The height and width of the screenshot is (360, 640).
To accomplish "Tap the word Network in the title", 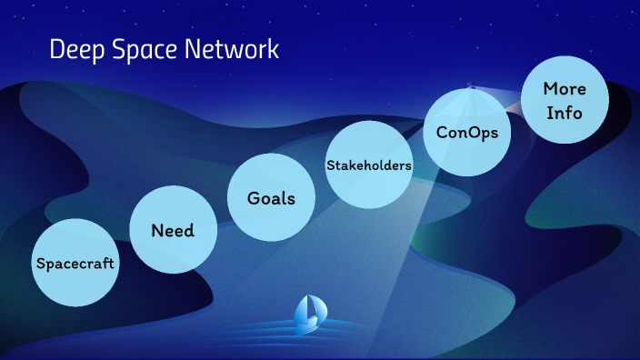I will pyautogui.click(x=234, y=49).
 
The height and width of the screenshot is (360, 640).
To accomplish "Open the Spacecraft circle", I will pyautogui.click(x=75, y=263).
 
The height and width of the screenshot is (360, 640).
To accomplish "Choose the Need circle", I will pyautogui.click(x=173, y=229).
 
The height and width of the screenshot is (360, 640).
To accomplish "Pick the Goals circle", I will pyautogui.click(x=271, y=197).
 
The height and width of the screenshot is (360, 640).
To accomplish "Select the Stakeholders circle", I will pyautogui.click(x=368, y=165).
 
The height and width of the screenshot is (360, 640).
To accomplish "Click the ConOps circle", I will pyautogui.click(x=467, y=132).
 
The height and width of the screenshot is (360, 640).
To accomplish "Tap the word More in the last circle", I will pyautogui.click(x=564, y=89).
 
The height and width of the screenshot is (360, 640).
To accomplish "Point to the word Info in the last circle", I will pyautogui.click(x=564, y=115).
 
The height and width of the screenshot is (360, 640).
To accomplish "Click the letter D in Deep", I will pyautogui.click(x=56, y=49).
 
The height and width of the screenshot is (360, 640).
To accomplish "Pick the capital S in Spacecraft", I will pyautogui.click(x=39, y=264).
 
